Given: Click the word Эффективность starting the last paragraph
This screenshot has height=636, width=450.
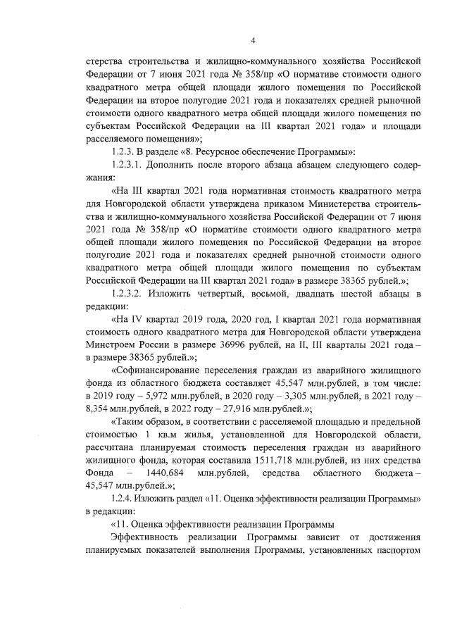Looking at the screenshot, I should [x=148, y=536].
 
